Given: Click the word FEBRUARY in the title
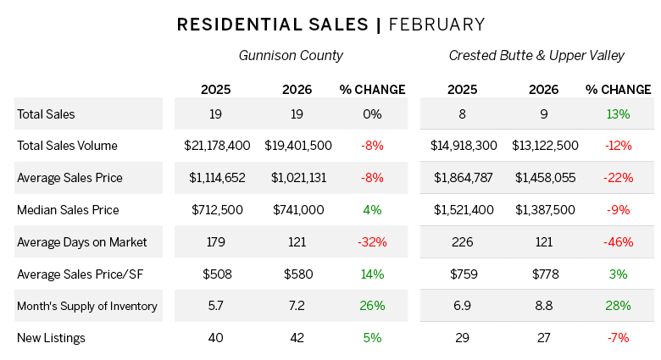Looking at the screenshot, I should point(436,25).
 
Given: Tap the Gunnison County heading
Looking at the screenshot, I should point(291,56).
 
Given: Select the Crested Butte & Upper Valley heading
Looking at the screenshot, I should point(536,56).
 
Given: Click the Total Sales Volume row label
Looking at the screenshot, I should point(67,146).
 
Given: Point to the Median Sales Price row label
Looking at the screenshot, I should point(68,210).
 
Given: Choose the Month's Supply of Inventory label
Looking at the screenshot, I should point(87,306).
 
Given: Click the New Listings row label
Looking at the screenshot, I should point(51,338).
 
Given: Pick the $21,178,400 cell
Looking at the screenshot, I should point(217,146).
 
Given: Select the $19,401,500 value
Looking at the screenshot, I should point(298,146).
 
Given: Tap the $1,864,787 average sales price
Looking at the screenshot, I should point(462,178).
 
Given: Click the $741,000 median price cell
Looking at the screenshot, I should point(298,210).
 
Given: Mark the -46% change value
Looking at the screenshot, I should point(618,242).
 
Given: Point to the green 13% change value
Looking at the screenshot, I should point(618,114).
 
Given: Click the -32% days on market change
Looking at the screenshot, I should point(372,242).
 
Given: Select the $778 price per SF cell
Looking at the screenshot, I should point(544,274).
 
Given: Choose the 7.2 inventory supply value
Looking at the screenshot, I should point(298,306).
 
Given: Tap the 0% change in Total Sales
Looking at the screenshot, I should point(372,114).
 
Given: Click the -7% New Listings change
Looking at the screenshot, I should point(618,338).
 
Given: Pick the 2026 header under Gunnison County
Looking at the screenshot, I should point(298,89).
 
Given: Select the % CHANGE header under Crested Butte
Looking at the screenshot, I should point(618,89).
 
